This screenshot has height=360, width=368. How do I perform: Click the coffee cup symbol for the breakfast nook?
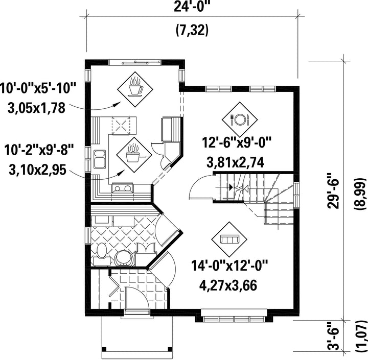point(135,89)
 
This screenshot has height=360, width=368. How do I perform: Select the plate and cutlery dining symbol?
point(240,119)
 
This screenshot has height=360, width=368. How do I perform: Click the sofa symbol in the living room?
point(229,239)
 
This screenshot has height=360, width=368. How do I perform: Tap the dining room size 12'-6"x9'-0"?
point(237,142)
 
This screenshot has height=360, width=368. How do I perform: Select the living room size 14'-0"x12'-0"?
point(229,266)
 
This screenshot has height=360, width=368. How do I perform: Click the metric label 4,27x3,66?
point(228,285)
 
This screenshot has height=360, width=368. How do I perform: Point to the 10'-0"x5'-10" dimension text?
point(37,89)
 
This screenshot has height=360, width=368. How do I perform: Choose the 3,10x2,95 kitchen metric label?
point(37,170)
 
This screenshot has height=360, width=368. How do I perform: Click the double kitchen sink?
point(100,159)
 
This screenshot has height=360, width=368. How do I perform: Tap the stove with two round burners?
point(123,188)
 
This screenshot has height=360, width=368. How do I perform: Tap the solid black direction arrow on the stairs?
point(231,187)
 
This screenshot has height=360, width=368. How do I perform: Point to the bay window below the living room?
point(234,316)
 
